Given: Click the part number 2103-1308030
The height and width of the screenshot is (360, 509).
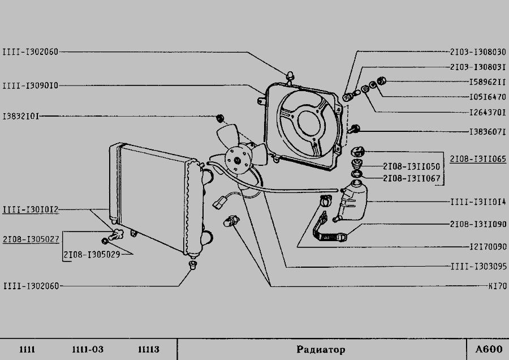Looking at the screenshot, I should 478,52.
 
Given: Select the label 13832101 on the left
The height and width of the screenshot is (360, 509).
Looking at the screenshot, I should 20,116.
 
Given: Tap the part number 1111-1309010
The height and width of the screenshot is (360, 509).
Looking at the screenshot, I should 30,85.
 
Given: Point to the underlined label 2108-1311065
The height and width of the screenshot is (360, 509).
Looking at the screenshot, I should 478,159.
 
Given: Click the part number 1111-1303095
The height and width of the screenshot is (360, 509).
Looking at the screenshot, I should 478,267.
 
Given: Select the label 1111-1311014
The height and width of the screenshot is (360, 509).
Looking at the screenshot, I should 478,201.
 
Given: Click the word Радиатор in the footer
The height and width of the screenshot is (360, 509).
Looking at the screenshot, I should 320,349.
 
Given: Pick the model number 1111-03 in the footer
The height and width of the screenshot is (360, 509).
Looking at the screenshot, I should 87,349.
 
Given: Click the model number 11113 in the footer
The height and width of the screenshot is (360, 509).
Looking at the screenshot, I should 148,349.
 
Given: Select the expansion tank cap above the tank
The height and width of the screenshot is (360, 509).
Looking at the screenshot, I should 357,152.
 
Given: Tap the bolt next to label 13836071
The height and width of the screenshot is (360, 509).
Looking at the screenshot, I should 355,130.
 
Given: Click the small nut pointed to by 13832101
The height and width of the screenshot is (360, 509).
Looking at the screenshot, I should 221,118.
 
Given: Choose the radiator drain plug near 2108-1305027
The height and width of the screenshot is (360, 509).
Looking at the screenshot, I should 117,234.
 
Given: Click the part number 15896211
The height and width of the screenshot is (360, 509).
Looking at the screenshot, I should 482,82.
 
